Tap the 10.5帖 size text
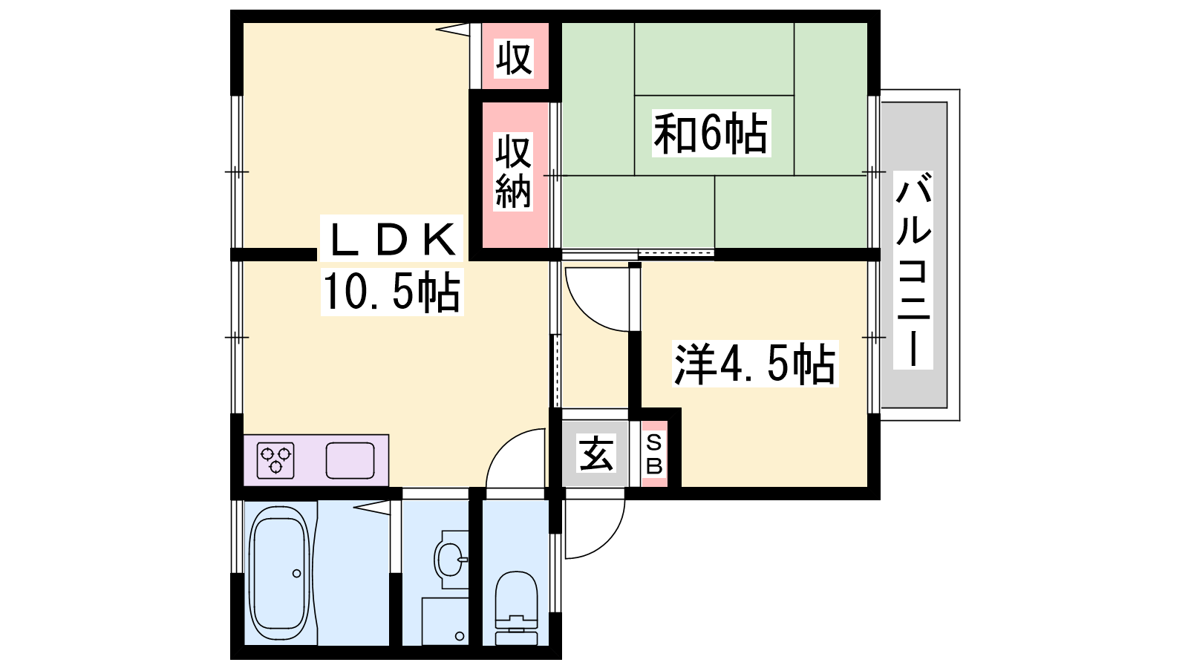pyautogui.click(x=391, y=292)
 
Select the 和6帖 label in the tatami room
pyautogui.click(x=711, y=133)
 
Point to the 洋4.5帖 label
pyautogui.click(x=755, y=364)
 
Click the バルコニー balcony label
pyautogui.click(x=913, y=270)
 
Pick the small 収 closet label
pyautogui.click(x=514, y=59)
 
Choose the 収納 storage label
pyautogui.click(x=513, y=171)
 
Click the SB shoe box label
pyautogui.click(x=654, y=453)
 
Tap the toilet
pyautogui.click(x=516, y=608)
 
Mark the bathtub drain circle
pyautogui.click(x=296, y=573)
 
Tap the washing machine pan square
pyautogui.click(x=445, y=621)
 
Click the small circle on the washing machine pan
pyautogui.click(x=460, y=635)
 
